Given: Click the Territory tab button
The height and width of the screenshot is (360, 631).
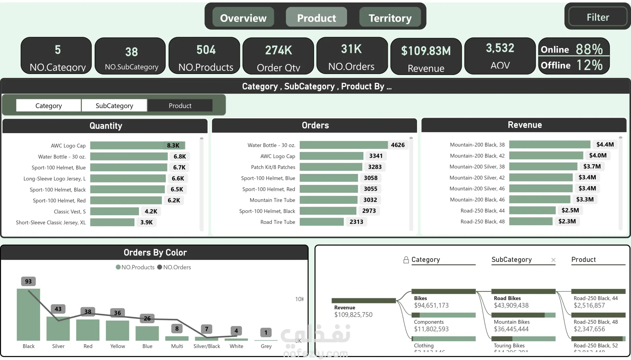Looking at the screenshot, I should pos(390,18).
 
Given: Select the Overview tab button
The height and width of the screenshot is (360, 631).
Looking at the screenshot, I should pos(243,18).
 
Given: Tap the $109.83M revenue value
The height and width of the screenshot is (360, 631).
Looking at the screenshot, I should pos(426,51).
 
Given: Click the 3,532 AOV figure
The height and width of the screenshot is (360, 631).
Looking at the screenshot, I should pos(500,48).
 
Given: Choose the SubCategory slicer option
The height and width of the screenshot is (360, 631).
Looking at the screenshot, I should pos(114,106).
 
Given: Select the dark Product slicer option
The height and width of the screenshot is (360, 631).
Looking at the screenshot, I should pos(180,106).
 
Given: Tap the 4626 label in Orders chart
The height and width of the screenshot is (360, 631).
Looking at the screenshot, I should pos(398,145).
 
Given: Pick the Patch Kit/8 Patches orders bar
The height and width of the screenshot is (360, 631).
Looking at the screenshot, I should pos(331,167).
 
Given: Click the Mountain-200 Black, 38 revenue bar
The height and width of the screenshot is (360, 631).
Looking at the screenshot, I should pos(549,145).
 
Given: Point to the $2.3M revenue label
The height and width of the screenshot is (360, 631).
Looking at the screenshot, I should pos(567,221).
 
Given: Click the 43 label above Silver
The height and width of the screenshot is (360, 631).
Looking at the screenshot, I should pos(58,309).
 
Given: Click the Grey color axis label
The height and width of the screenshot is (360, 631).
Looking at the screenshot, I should pos(266,346).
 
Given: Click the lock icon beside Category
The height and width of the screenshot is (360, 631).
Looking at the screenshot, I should pos(406,260).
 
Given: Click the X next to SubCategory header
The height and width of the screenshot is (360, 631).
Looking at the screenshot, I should pos(553,260).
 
